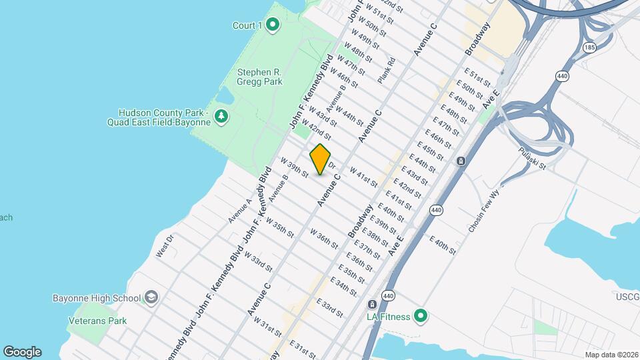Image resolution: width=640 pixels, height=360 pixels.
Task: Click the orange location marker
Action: click(321, 159)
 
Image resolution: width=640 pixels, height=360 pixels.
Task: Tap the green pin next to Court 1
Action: click(272, 26)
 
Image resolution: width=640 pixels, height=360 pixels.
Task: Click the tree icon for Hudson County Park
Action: click(221, 117)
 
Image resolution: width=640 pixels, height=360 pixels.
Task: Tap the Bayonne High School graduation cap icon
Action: click(151, 297)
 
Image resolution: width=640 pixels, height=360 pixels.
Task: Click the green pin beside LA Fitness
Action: click(421, 316)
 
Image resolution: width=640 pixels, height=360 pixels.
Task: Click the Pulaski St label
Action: click(533, 158)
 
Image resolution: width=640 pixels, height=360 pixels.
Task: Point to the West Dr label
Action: click(165, 246)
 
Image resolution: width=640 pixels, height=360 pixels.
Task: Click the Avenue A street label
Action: click(240, 210)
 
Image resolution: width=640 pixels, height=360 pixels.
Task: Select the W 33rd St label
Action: click(258, 261)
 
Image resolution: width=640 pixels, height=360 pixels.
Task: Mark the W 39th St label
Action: click(295, 168)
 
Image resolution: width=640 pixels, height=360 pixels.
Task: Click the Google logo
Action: click(22, 352)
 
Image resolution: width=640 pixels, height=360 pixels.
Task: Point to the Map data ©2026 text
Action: click(611, 355)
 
